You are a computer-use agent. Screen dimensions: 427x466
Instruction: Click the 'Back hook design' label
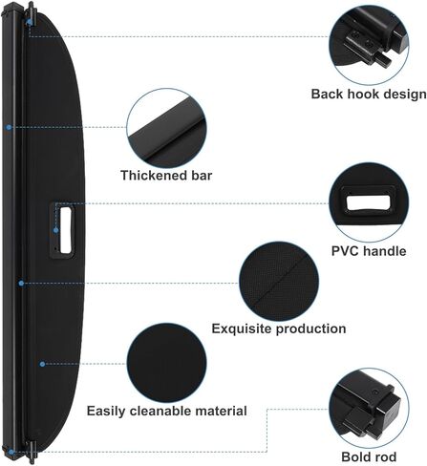click(369, 95)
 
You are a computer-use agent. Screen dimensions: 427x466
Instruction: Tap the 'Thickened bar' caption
click(166, 176)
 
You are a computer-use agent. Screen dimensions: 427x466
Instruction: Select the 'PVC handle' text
click(369, 251)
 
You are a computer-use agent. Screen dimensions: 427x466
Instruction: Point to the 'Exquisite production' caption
click(279, 328)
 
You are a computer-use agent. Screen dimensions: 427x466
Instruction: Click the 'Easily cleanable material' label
click(167, 411)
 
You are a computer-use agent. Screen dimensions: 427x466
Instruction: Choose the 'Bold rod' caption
click(369, 456)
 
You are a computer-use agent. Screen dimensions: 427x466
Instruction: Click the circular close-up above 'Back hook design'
click(369, 45)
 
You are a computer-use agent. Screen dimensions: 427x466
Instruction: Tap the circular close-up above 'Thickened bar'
click(166, 128)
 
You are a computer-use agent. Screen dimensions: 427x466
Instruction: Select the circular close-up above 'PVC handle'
click(369, 202)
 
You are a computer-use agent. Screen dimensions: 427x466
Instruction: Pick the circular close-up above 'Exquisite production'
click(279, 282)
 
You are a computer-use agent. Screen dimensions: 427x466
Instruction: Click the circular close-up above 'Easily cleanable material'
click(166, 363)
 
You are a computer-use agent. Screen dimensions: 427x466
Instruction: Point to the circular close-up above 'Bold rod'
click(369, 408)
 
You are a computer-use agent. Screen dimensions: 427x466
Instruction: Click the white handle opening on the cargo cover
click(65, 230)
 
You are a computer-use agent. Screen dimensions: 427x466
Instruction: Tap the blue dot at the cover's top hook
click(30, 22)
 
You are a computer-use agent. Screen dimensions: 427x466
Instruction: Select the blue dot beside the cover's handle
click(56, 230)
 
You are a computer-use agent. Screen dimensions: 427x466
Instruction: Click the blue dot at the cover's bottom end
click(11, 452)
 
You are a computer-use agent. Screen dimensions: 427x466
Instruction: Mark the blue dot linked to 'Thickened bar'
click(9, 127)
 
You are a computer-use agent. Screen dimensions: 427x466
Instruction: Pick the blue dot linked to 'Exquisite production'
click(21, 283)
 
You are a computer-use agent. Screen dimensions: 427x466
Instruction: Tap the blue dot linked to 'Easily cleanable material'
click(42, 364)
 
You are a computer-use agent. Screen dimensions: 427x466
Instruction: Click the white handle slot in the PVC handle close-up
click(369, 203)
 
